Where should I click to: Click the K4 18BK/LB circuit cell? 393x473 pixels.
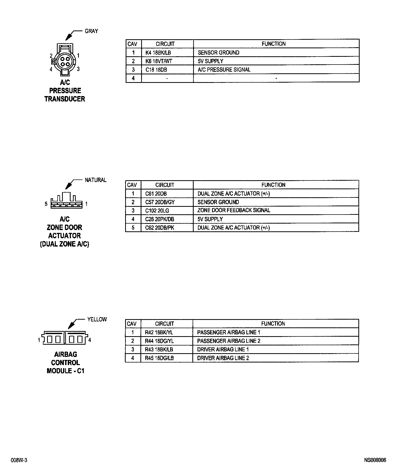point(158,53)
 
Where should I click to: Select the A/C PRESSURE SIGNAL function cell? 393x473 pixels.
point(224,70)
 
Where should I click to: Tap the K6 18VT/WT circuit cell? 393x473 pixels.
point(158,61)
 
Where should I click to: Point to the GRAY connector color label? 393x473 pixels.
point(91,31)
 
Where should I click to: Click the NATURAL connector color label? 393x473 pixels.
point(96,180)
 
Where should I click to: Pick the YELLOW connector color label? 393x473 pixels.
point(97,319)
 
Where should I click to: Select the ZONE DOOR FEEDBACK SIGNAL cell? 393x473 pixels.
point(234,210)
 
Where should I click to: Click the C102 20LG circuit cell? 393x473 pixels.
point(157,211)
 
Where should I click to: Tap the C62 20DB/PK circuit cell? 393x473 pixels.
point(159,228)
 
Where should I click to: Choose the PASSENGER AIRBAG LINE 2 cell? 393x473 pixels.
point(229,341)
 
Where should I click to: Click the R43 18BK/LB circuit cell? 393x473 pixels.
point(159,350)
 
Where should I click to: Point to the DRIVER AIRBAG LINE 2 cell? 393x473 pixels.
point(223,358)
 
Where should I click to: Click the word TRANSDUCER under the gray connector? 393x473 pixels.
point(65,99)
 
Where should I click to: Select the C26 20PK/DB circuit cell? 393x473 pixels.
point(160,219)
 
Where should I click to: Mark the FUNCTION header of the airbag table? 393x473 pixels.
point(273,324)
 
